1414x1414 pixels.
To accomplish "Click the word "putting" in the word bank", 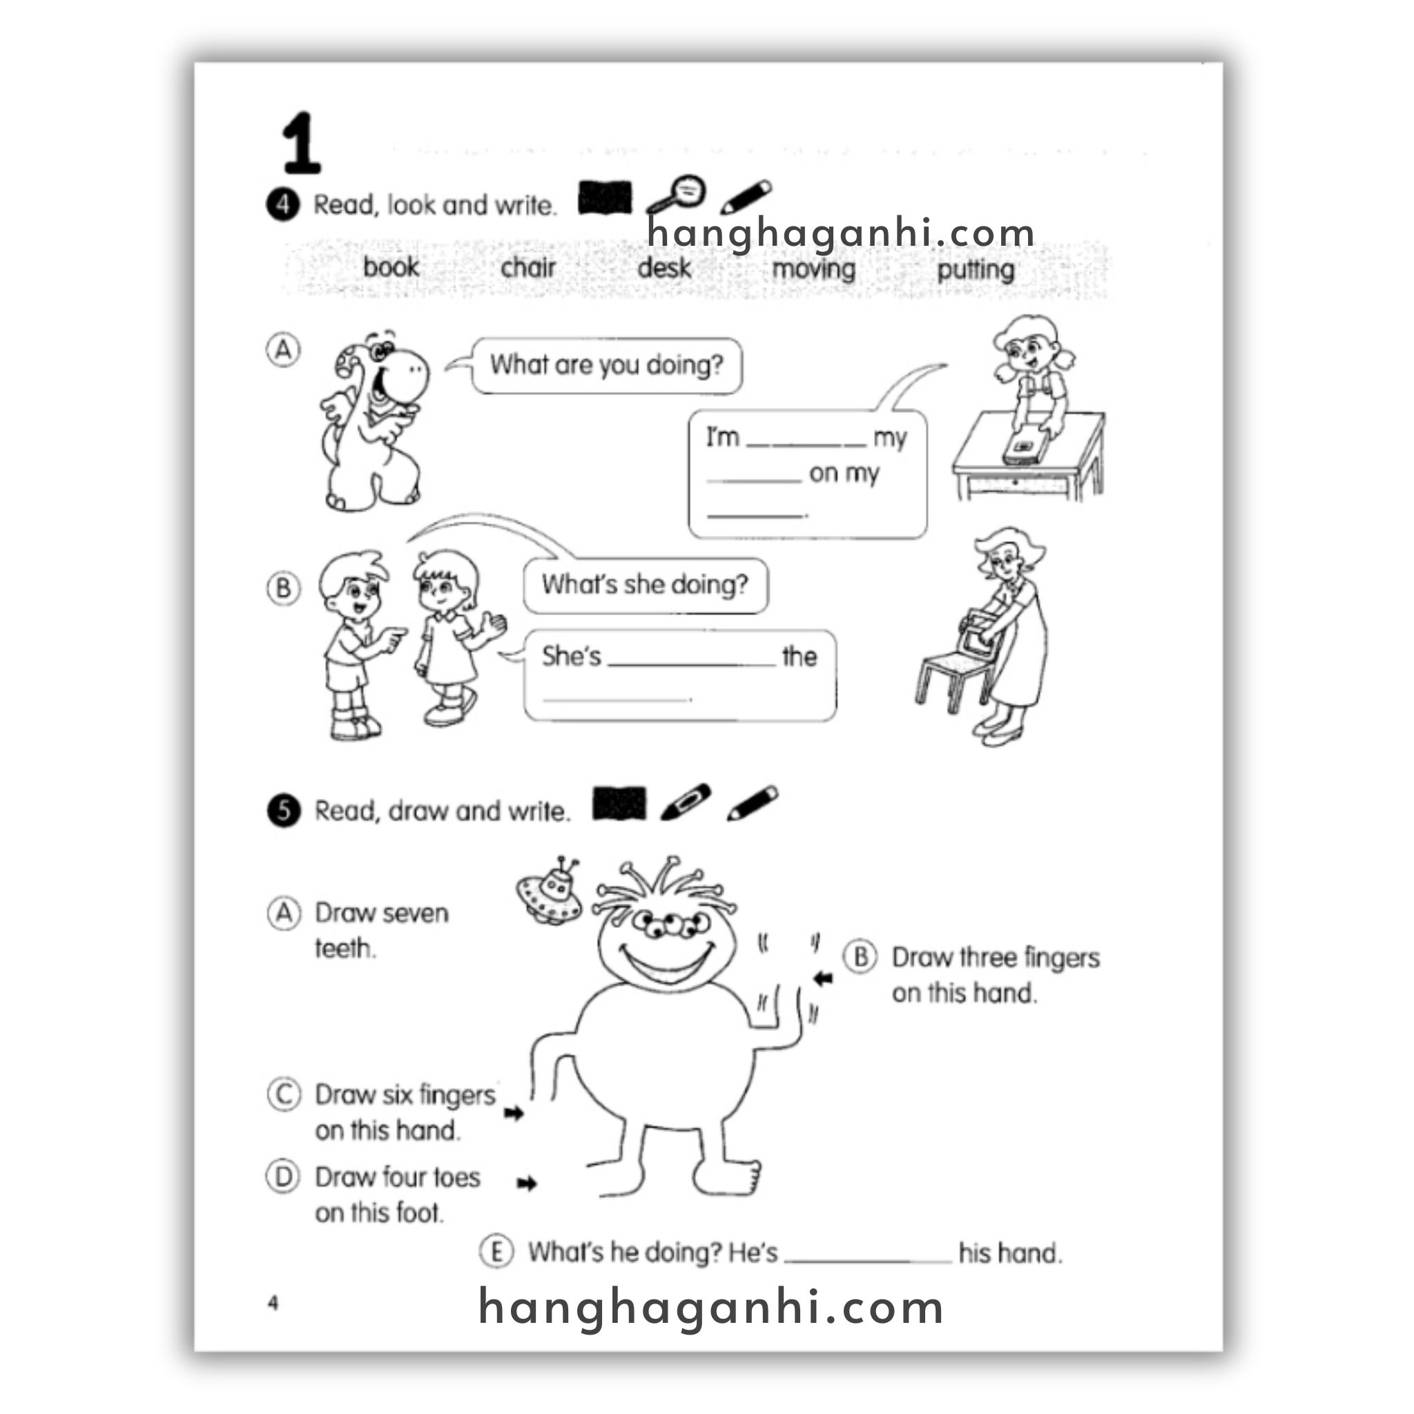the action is point(976,270).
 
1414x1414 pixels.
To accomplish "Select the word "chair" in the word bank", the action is point(527,267).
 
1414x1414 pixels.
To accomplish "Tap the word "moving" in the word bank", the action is point(814,269).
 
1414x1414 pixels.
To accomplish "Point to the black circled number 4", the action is point(282,204).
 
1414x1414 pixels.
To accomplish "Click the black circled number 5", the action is point(284,810).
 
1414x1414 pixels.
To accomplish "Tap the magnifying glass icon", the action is point(675,195).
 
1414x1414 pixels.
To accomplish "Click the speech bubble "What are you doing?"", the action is point(606,365).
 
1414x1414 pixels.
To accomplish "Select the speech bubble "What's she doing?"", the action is point(646,585).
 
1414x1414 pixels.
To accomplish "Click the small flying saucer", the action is point(549,891).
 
